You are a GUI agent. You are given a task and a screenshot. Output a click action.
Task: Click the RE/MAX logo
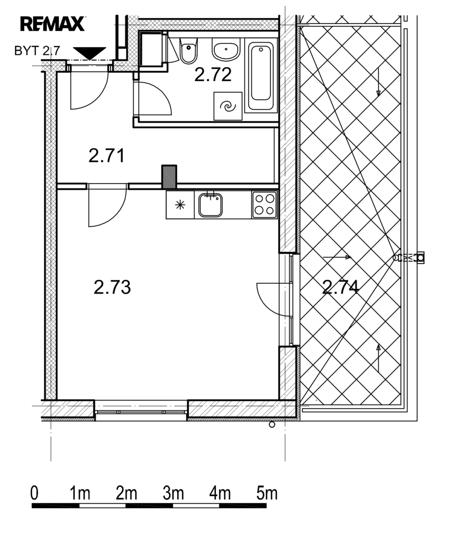pyautogui.click(x=53, y=24)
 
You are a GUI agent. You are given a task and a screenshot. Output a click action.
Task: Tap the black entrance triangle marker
pyautogui.click(x=89, y=54)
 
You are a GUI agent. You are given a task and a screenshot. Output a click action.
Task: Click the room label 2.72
pyautogui.click(x=213, y=74)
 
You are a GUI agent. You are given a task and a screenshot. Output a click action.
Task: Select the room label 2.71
pyautogui.click(x=107, y=156)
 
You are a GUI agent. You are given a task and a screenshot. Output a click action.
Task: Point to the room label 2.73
pyautogui.click(x=112, y=287)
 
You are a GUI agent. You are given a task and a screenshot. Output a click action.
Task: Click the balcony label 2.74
pyautogui.click(x=340, y=287)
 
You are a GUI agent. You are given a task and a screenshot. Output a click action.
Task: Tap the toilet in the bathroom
pyautogui.click(x=189, y=51)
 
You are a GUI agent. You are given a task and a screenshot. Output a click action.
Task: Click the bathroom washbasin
pyautogui.click(x=226, y=49)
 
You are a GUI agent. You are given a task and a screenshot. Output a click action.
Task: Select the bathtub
pyautogui.click(x=261, y=75)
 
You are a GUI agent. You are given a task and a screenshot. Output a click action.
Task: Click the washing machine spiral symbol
pyautogui.click(x=228, y=106)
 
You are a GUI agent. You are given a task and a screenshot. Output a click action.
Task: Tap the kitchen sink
pyautogui.click(x=211, y=205)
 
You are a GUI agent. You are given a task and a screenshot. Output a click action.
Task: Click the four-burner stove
pyautogui.click(x=265, y=205)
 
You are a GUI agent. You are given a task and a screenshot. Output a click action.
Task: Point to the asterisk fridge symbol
pyautogui.click(x=180, y=205)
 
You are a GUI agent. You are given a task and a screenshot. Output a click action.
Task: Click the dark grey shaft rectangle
pyautogui.click(x=169, y=177)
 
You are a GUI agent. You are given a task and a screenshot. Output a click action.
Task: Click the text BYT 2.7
pyautogui.click(x=37, y=51)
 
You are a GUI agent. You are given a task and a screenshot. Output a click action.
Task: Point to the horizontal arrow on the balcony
pyautogui.click(x=337, y=257)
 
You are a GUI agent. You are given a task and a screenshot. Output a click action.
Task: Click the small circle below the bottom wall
pyautogui.click(x=272, y=425)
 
